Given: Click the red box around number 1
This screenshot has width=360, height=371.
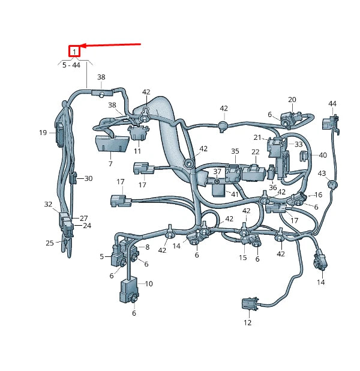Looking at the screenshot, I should [x=74, y=52].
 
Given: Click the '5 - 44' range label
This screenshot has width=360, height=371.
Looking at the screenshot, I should [x=71, y=65].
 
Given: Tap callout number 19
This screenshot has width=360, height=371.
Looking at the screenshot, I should [x=43, y=133].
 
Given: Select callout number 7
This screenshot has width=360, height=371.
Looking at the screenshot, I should [x=110, y=163].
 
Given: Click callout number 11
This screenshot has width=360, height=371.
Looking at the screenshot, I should [x=137, y=151].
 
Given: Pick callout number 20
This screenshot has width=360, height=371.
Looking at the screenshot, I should [x=292, y=100].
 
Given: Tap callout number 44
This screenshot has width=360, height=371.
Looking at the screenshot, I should [x=332, y=104].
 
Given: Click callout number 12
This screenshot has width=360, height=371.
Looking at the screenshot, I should [x=247, y=322].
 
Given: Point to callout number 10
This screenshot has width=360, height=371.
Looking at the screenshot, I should [x=149, y=283].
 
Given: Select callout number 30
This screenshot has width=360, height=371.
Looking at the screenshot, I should [x=88, y=178].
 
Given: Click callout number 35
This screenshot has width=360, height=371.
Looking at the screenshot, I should [x=235, y=152].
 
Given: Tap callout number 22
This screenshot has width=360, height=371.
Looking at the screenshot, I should [x=255, y=152].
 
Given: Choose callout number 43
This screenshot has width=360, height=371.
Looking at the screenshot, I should [x=322, y=173].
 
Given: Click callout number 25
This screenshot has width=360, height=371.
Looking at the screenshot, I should [x=50, y=243].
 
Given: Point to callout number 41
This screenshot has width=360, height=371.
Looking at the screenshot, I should [x=235, y=195].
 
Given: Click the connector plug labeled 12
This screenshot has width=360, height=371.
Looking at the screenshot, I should [x=248, y=304].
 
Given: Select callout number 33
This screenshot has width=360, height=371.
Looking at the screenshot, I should [x=298, y=145].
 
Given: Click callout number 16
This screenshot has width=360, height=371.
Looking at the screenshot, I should [x=318, y=195].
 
